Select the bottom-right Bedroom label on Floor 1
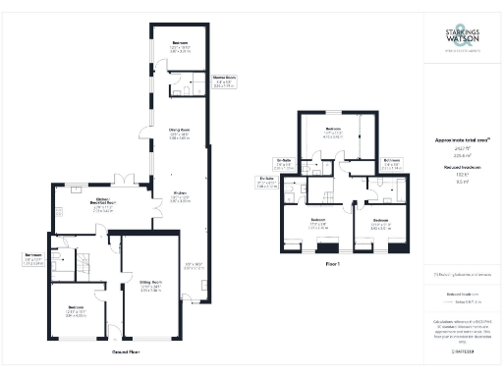[380, 220]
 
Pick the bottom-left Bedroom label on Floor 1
[317, 220]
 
